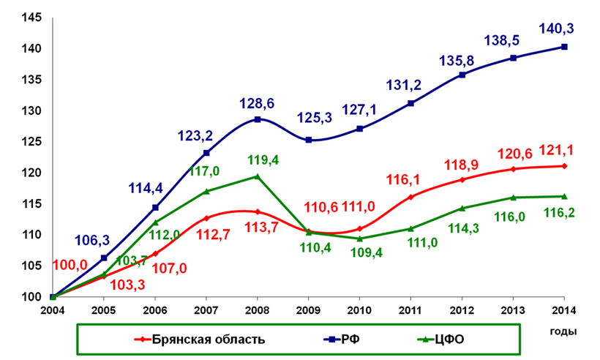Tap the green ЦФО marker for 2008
click(x=258, y=176)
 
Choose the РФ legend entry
click(x=355, y=340)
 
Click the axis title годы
click(x=563, y=331)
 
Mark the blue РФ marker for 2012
click(x=462, y=75)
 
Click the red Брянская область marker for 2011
click(x=411, y=197)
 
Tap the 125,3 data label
click(x=315, y=117)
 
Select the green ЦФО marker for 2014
click(x=565, y=196)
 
